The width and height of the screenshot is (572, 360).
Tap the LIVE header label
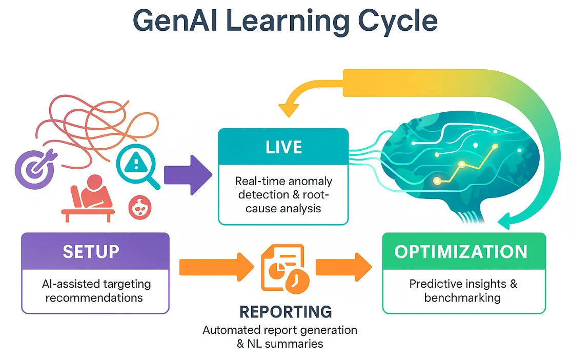tap(284, 147)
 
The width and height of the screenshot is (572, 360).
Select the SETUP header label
tap(91, 251)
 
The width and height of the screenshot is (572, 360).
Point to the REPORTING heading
tap(285, 311)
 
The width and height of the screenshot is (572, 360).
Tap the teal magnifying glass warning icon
tap(136, 166)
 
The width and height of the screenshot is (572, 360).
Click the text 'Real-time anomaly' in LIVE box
tap(283, 182)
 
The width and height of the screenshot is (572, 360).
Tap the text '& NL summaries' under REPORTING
tap(280, 344)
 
